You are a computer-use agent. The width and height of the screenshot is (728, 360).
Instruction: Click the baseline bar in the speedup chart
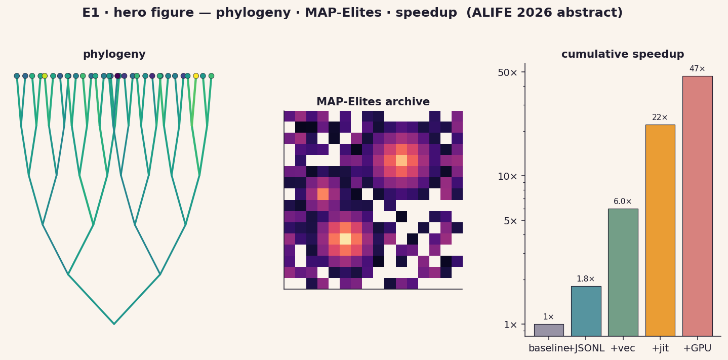[549, 330]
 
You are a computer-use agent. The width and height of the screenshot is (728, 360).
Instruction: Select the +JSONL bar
[586, 311]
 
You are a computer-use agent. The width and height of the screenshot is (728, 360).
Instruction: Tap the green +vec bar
[623, 272]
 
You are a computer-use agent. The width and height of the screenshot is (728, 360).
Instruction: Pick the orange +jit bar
[660, 230]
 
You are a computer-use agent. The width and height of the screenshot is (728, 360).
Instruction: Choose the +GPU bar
[698, 206]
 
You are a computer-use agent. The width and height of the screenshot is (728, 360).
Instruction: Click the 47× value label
[698, 69]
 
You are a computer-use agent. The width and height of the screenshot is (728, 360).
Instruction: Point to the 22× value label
[660, 117]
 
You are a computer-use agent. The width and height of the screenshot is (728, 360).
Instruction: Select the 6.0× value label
[623, 202]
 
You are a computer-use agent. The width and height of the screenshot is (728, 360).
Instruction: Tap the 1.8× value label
[586, 279]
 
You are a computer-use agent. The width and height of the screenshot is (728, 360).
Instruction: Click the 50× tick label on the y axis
[507, 72]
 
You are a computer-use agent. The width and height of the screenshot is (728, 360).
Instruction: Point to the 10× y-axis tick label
[507, 176]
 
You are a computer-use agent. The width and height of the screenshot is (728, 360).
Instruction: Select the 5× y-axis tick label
[510, 221]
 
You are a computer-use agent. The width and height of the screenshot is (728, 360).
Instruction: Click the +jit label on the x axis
[660, 348]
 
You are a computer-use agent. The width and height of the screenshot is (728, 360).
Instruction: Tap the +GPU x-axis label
[698, 348]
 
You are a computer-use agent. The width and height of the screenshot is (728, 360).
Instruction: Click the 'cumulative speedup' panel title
[623, 54]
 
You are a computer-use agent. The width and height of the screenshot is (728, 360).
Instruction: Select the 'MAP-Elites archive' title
[373, 102]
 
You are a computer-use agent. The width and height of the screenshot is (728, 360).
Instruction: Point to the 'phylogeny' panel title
[114, 54]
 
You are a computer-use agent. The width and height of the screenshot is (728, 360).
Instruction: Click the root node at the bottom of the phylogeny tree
[114, 324]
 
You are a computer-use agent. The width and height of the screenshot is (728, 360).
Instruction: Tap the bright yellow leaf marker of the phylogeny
[196, 76]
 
